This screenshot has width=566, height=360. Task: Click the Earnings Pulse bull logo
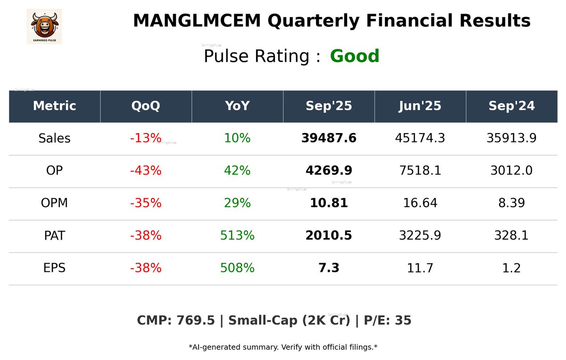coord(44,26)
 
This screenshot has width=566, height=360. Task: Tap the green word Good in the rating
coord(355,57)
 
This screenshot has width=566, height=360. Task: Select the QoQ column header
coord(146,106)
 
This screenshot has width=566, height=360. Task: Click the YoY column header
coord(237,106)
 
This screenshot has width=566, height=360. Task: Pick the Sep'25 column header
coord(329,106)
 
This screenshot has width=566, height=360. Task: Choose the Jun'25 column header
coord(420,106)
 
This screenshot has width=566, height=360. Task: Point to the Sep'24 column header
coord(511,106)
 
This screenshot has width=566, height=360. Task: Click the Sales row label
coord(54,139)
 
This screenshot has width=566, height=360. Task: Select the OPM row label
coord(54,203)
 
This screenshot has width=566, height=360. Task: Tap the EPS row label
coord(54,268)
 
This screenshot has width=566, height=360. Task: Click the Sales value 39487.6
coord(329,139)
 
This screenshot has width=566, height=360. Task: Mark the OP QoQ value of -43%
coord(146,171)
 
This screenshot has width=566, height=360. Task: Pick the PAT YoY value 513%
coord(237,236)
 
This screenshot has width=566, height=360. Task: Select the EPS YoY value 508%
coord(237,268)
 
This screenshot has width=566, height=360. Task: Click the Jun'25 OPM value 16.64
coord(420,203)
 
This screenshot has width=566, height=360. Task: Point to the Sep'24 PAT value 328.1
coord(511,236)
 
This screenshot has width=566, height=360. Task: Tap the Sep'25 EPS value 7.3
coord(329,268)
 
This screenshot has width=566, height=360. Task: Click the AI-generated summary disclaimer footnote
coord(283,347)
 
